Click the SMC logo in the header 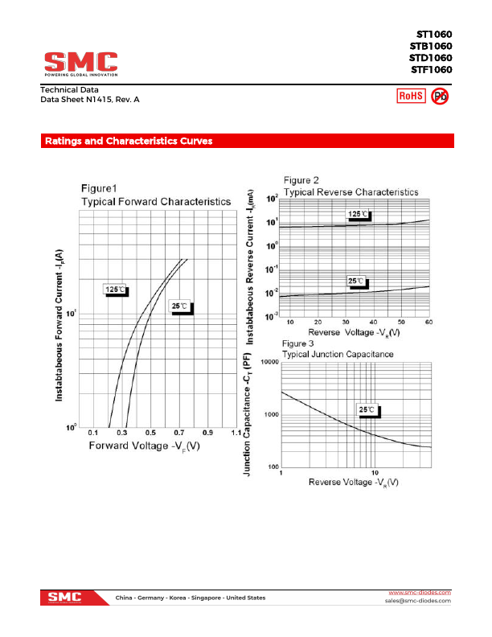[80, 63]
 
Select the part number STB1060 [430, 46]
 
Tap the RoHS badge [411, 97]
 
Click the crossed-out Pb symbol [440, 97]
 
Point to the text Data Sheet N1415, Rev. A [90, 99]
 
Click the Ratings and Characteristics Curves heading [129, 141]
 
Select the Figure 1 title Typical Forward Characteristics [155, 200]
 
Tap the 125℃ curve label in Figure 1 [116, 290]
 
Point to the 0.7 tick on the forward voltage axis [178, 434]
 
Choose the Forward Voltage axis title [144, 446]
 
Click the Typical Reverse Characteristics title [351, 192]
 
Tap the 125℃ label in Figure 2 [359, 214]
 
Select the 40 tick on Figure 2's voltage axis [372, 322]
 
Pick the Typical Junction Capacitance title [338, 354]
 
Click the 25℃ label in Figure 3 [367, 409]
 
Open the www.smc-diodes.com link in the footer [420, 592]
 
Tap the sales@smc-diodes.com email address [418, 601]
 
